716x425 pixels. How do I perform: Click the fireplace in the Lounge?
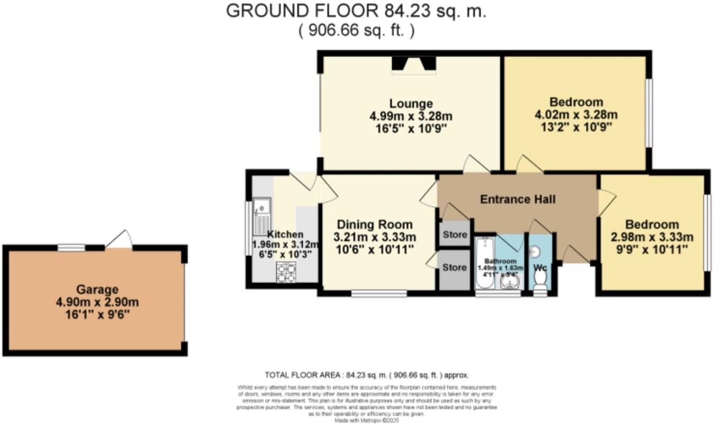coord(414,64)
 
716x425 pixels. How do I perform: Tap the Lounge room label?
coord(411,104)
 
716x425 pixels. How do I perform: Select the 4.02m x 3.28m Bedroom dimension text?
coord(576,115)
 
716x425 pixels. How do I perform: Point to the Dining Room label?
coord(375,224)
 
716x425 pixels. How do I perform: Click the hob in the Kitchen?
coord(286,272)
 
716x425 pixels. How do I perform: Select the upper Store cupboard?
coord(455,234)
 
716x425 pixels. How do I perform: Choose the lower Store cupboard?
coord(455,268)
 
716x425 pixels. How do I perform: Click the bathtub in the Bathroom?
coord(484,263)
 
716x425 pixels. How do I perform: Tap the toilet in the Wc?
coord(540,288)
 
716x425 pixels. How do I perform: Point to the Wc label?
coord(540,268)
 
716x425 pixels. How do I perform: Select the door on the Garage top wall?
coord(119,240)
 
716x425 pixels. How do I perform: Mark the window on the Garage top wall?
coord(71,247)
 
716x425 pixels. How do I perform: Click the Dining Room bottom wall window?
coord(379,293)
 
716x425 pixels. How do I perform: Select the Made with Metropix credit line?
coord(367,421)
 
